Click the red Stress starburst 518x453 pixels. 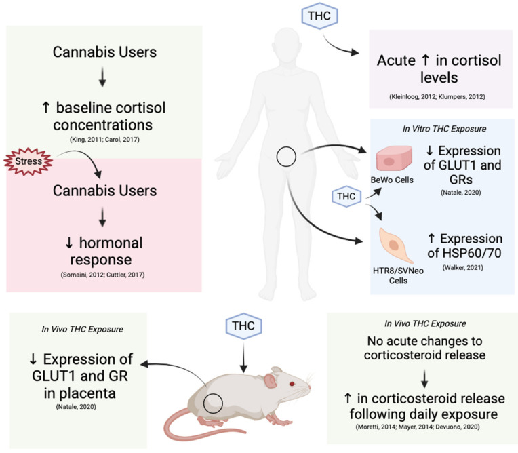pos(26,163)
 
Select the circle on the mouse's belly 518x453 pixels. pos(216,401)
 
